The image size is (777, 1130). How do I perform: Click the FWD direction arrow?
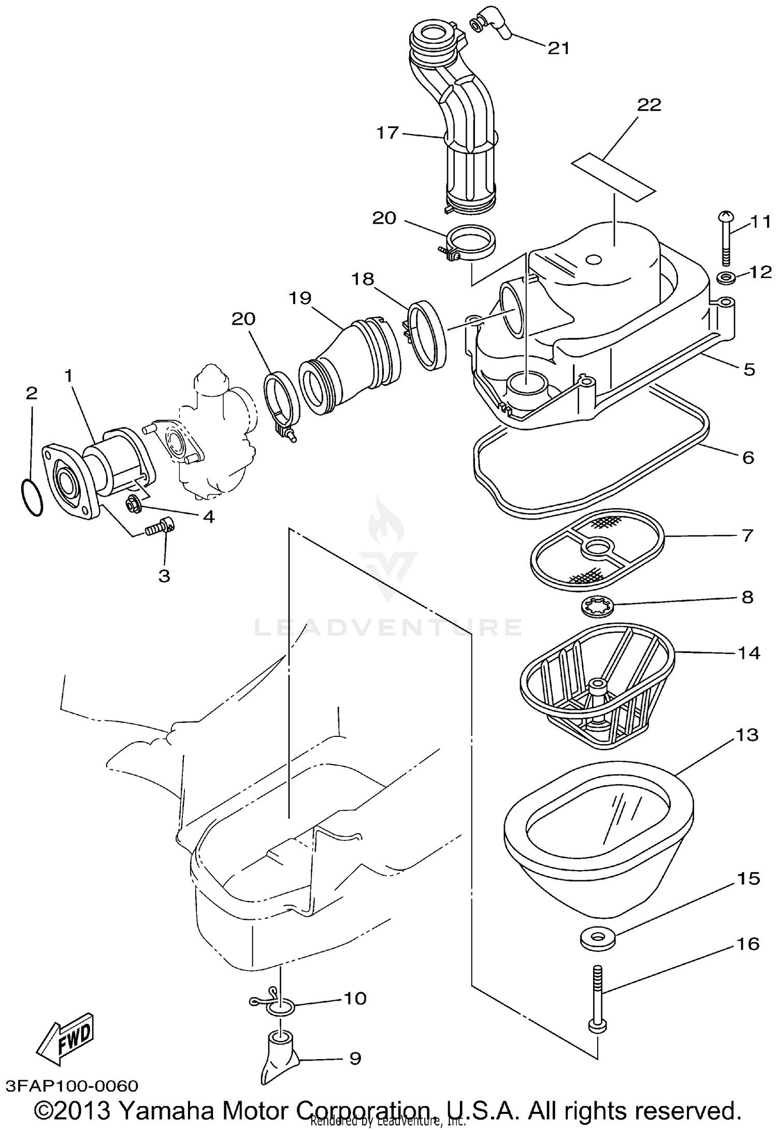pyautogui.click(x=67, y=1035)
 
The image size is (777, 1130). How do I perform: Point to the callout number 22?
pyautogui.click(x=649, y=105)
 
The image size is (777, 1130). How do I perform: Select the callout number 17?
pyautogui.click(x=387, y=133)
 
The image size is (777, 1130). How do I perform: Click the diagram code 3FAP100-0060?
pyautogui.click(x=73, y=1082)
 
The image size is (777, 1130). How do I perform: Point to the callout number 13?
pyautogui.click(x=746, y=734)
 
